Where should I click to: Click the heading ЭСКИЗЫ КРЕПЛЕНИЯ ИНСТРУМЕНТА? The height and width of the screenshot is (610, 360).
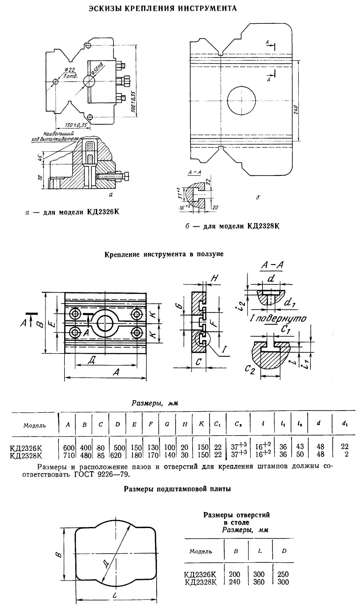coord(163,8)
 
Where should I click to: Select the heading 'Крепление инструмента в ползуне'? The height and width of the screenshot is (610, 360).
coord(164,254)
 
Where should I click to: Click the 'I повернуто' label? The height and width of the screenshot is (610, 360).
coord(278,318)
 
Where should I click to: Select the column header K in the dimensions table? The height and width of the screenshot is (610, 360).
coord(201,424)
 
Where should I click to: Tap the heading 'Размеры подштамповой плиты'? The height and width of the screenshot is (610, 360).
coord(177,489)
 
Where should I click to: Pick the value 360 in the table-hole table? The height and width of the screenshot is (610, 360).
coord(259,582)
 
